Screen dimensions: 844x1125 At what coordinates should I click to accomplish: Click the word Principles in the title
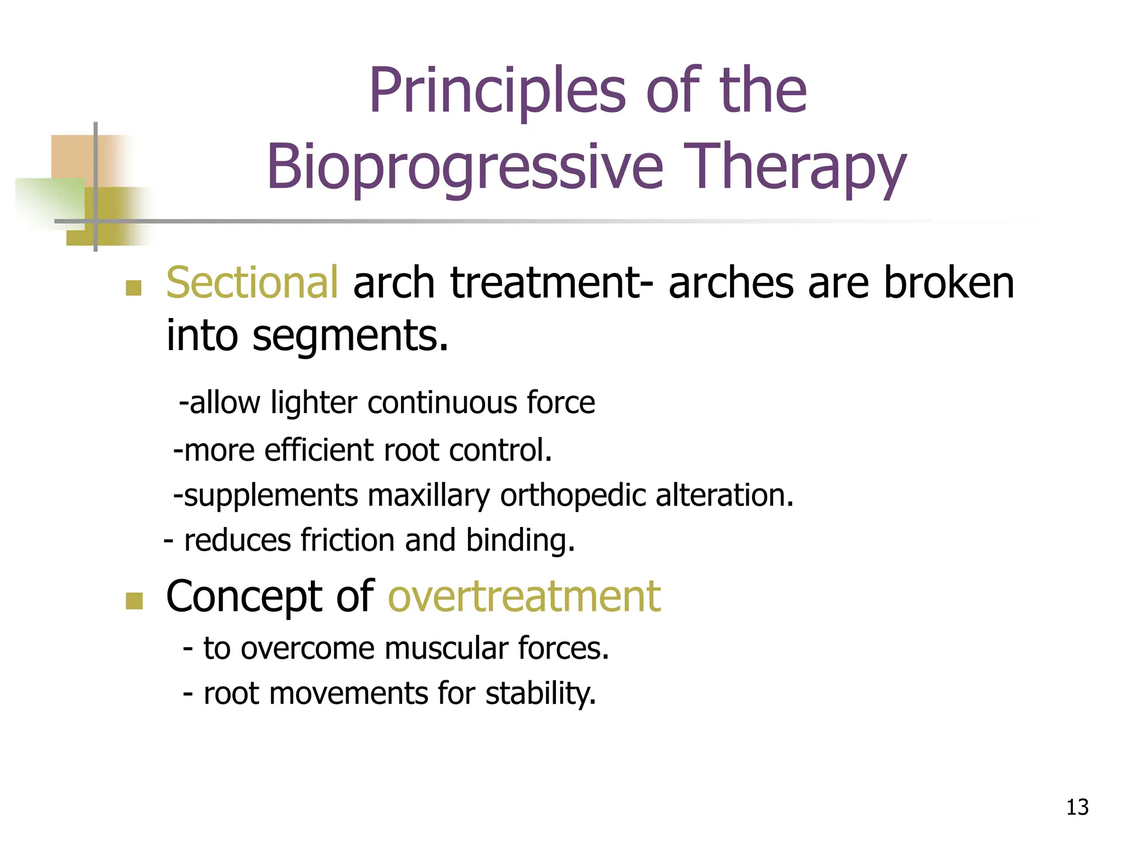point(497,91)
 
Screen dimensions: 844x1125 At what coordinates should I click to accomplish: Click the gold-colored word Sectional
point(252,282)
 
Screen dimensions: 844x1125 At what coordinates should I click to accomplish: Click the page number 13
point(1077,807)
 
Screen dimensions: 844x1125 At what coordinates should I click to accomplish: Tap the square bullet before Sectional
point(133,287)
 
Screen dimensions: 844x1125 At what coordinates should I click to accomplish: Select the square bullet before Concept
point(133,601)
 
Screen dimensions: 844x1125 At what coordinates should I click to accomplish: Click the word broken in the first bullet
point(948,282)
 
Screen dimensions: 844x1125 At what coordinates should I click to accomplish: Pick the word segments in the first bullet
point(350,335)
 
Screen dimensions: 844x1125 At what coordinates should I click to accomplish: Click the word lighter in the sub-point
point(314,402)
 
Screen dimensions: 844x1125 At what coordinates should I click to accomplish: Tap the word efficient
point(319,450)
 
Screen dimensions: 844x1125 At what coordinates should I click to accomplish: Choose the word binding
point(520,541)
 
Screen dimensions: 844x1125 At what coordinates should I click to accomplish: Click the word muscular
point(445,648)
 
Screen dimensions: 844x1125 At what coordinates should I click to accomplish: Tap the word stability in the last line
point(541,693)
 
